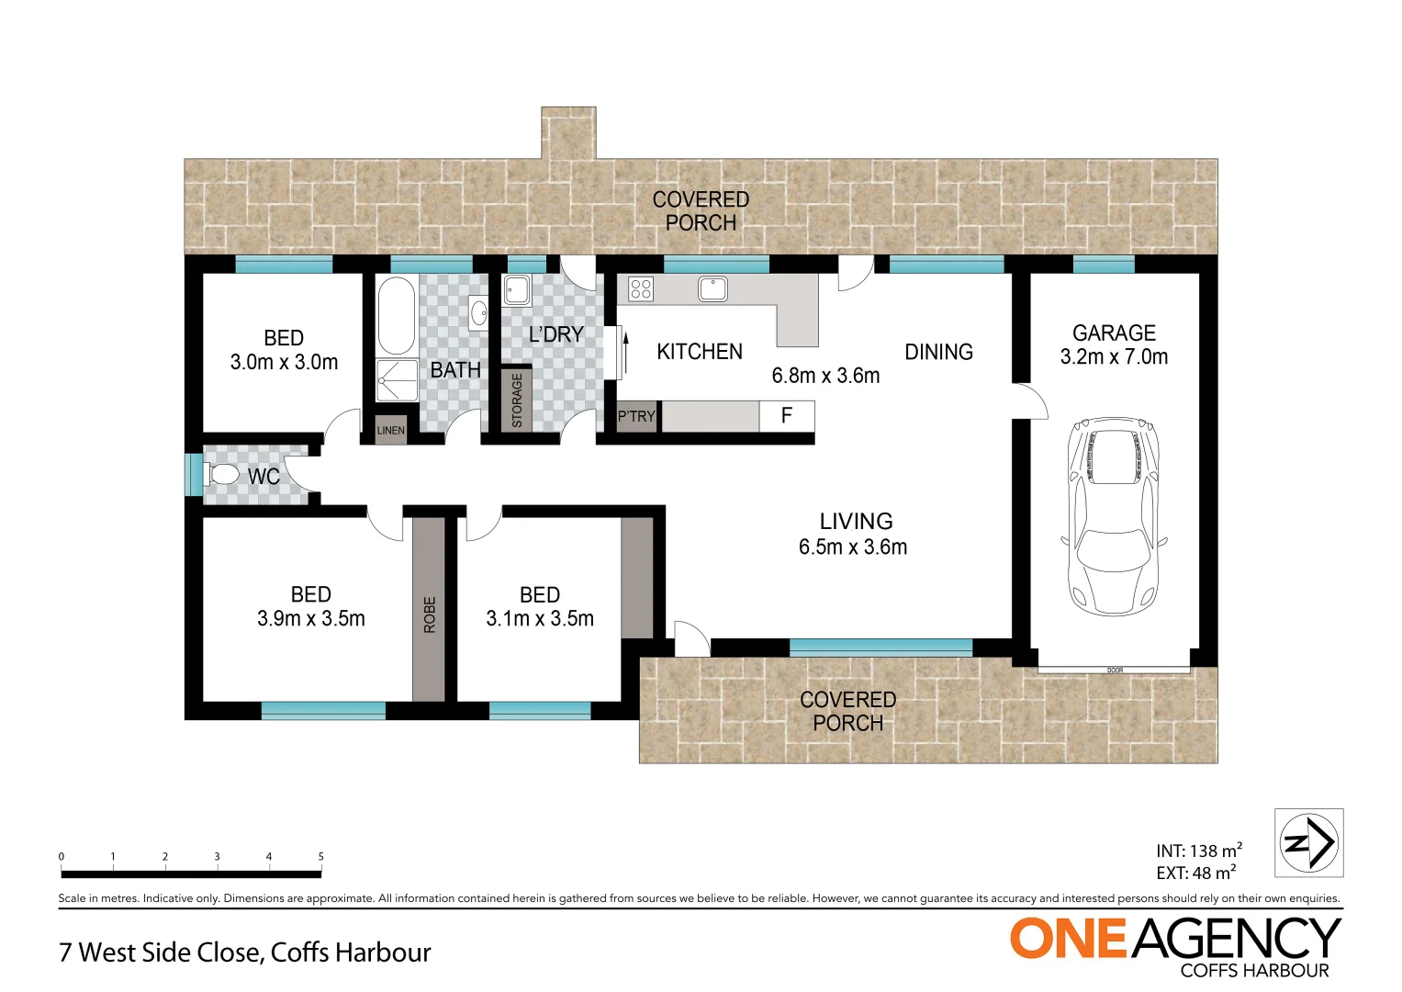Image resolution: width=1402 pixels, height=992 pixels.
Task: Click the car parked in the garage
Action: tap(1114, 515)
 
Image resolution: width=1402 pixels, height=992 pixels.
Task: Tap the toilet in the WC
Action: tap(221, 475)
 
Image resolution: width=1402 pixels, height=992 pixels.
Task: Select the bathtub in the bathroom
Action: tap(396, 315)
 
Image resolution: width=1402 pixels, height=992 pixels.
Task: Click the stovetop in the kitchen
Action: tap(640, 289)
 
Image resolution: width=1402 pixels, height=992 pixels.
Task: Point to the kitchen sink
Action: tap(712, 289)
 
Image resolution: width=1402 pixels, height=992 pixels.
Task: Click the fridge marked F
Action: tap(786, 415)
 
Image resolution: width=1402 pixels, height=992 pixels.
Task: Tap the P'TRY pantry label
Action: tap(636, 416)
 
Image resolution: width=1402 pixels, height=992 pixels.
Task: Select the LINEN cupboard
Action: tap(390, 430)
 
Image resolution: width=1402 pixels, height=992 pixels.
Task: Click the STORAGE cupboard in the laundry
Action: tap(516, 400)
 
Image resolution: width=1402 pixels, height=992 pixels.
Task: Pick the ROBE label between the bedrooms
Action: tap(429, 614)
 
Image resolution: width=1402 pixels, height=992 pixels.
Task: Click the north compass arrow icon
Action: tap(1308, 842)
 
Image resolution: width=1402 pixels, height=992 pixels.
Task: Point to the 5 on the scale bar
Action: tap(320, 856)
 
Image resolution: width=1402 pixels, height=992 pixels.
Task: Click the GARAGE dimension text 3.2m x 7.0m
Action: tap(1114, 357)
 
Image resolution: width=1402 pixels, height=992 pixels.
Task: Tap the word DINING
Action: tap(937, 352)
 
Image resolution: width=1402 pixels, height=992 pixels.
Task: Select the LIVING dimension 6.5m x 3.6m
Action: tap(853, 547)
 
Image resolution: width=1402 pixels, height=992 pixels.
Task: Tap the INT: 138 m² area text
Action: tap(1198, 851)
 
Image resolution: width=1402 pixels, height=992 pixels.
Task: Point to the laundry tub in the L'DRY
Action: tap(516, 291)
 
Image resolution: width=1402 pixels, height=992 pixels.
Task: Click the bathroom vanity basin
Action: tap(477, 313)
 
